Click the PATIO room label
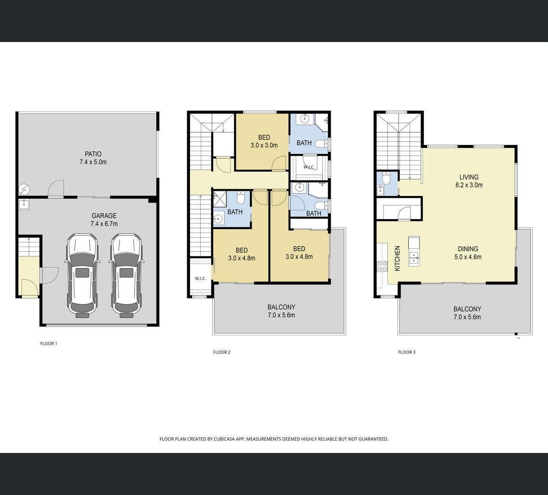coord(93,154)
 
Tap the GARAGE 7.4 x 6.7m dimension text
coord(104,224)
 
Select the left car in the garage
coord(82,276)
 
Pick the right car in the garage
coord(126,276)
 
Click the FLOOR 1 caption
coord(49,343)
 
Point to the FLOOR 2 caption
coord(222,352)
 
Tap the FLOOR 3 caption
coord(407,352)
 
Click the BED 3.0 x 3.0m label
coord(264,142)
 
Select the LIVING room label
coord(469,177)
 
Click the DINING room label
coord(468,249)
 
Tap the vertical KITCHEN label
coord(397,258)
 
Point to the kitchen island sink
coord(414,258)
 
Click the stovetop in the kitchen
coord(382,266)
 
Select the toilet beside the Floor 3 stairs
coord(386,179)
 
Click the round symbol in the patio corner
coord(24,189)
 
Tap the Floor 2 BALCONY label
coord(282,307)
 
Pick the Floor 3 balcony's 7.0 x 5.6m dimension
coord(467,317)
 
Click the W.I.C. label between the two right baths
coord(309,167)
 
